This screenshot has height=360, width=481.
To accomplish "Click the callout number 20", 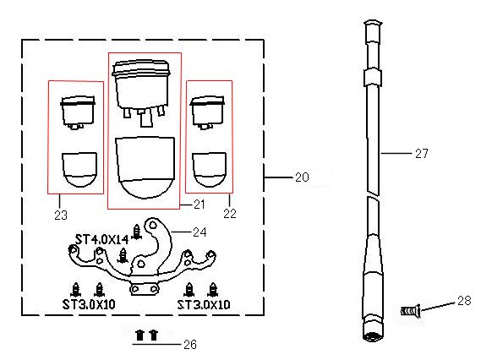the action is click(302, 177).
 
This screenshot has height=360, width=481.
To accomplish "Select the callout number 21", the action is click(200, 205).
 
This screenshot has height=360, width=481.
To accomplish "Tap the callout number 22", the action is click(230, 214).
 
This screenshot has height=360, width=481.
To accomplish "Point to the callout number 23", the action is click(61, 215).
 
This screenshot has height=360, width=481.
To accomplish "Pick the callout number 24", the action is click(200, 232).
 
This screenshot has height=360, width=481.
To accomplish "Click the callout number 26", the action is click(190, 345).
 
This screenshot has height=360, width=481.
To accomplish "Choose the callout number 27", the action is click(422, 153).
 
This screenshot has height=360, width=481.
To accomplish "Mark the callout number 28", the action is click(464, 301).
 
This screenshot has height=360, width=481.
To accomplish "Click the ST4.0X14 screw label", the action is click(101, 239).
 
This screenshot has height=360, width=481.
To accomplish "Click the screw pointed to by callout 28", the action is click(410, 311).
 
